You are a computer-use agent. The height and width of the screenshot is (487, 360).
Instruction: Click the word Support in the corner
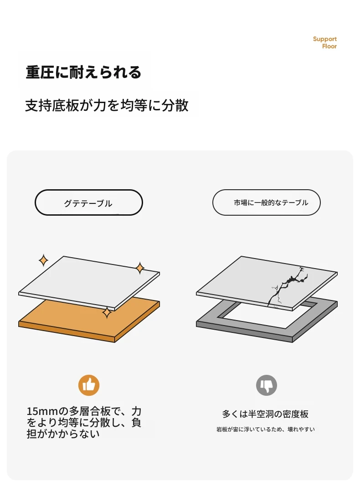(324, 39)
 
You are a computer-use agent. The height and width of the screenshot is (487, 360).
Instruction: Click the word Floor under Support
(329, 46)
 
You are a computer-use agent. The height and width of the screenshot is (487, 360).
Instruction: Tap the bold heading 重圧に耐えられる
(83, 72)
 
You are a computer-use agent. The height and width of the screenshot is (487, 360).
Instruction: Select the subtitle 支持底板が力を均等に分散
(107, 105)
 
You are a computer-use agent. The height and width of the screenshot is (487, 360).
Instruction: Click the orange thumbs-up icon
(89, 385)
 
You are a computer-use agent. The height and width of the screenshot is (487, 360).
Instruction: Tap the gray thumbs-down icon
(266, 385)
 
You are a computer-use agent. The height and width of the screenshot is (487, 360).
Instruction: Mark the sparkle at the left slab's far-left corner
(43, 260)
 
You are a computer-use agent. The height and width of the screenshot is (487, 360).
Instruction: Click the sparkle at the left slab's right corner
(140, 268)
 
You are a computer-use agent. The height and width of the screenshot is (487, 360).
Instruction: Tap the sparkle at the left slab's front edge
(107, 312)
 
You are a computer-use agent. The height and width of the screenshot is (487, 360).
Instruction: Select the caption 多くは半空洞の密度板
(265, 414)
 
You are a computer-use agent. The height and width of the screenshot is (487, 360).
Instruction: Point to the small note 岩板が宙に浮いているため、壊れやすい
(266, 429)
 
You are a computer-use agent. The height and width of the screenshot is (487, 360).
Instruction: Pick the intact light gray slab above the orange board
(89, 283)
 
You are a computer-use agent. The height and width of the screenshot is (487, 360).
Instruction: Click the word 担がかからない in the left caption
(63, 434)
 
